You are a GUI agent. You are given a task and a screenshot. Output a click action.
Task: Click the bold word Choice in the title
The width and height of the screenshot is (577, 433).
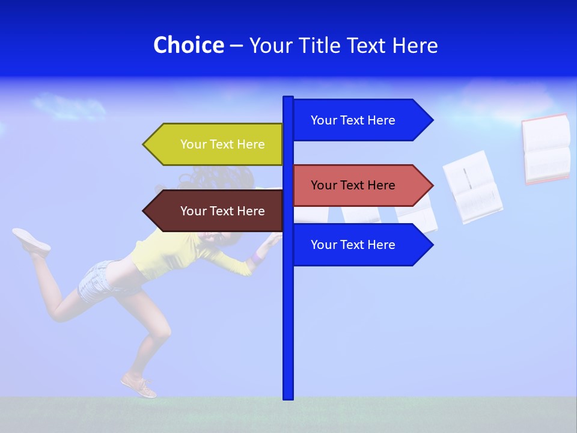[x=188, y=45]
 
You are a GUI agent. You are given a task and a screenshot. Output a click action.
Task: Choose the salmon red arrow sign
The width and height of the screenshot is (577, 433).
[x=355, y=185]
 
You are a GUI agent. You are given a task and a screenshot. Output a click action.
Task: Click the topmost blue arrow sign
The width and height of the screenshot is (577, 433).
[x=355, y=120]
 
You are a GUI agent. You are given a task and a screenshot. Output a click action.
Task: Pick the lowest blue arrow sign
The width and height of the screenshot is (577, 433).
[x=355, y=245]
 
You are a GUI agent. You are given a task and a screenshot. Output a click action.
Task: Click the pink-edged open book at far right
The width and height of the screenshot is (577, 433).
[x=545, y=149]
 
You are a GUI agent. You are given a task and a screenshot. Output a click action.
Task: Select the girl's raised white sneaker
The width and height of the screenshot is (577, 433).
[x=31, y=239]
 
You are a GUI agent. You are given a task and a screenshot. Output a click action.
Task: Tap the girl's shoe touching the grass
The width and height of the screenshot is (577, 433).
[x=139, y=385]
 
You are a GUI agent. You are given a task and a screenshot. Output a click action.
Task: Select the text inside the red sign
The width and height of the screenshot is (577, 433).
[x=353, y=185]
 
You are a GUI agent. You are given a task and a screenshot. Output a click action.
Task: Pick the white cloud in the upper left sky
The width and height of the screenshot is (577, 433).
[x=69, y=106]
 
